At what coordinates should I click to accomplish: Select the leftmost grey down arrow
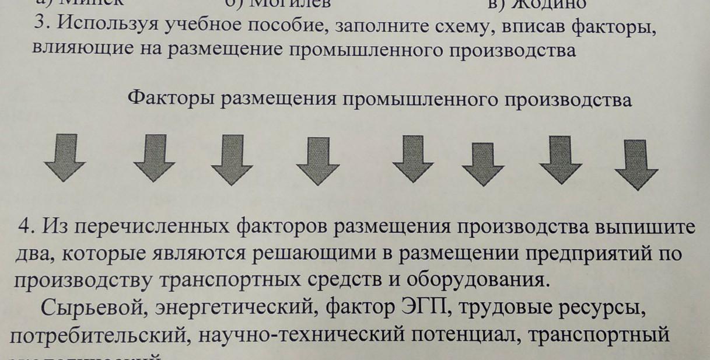tap(65, 156)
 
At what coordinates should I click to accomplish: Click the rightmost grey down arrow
tap(636, 163)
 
